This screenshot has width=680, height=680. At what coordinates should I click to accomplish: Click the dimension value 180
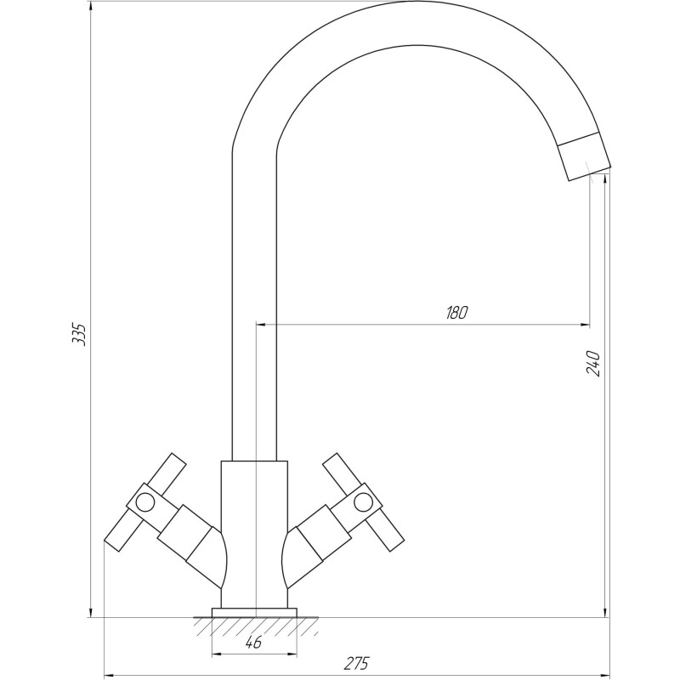pyautogui.click(x=456, y=312)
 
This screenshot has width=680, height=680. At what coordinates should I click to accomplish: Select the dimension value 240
pyautogui.click(x=594, y=363)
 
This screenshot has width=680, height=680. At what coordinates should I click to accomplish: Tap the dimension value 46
pyautogui.click(x=253, y=643)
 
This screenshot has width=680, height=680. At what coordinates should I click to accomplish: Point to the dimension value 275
pyautogui.click(x=358, y=664)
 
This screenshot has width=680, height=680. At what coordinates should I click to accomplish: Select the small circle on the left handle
pyautogui.click(x=146, y=501)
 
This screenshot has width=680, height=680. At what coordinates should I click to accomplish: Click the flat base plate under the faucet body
pyautogui.click(x=254, y=612)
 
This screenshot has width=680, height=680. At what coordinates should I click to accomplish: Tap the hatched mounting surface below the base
pyautogui.click(x=254, y=626)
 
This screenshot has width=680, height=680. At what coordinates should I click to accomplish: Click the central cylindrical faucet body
pyautogui.click(x=254, y=527)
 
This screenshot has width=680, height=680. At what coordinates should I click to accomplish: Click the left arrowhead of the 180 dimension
pyautogui.click(x=261, y=324)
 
